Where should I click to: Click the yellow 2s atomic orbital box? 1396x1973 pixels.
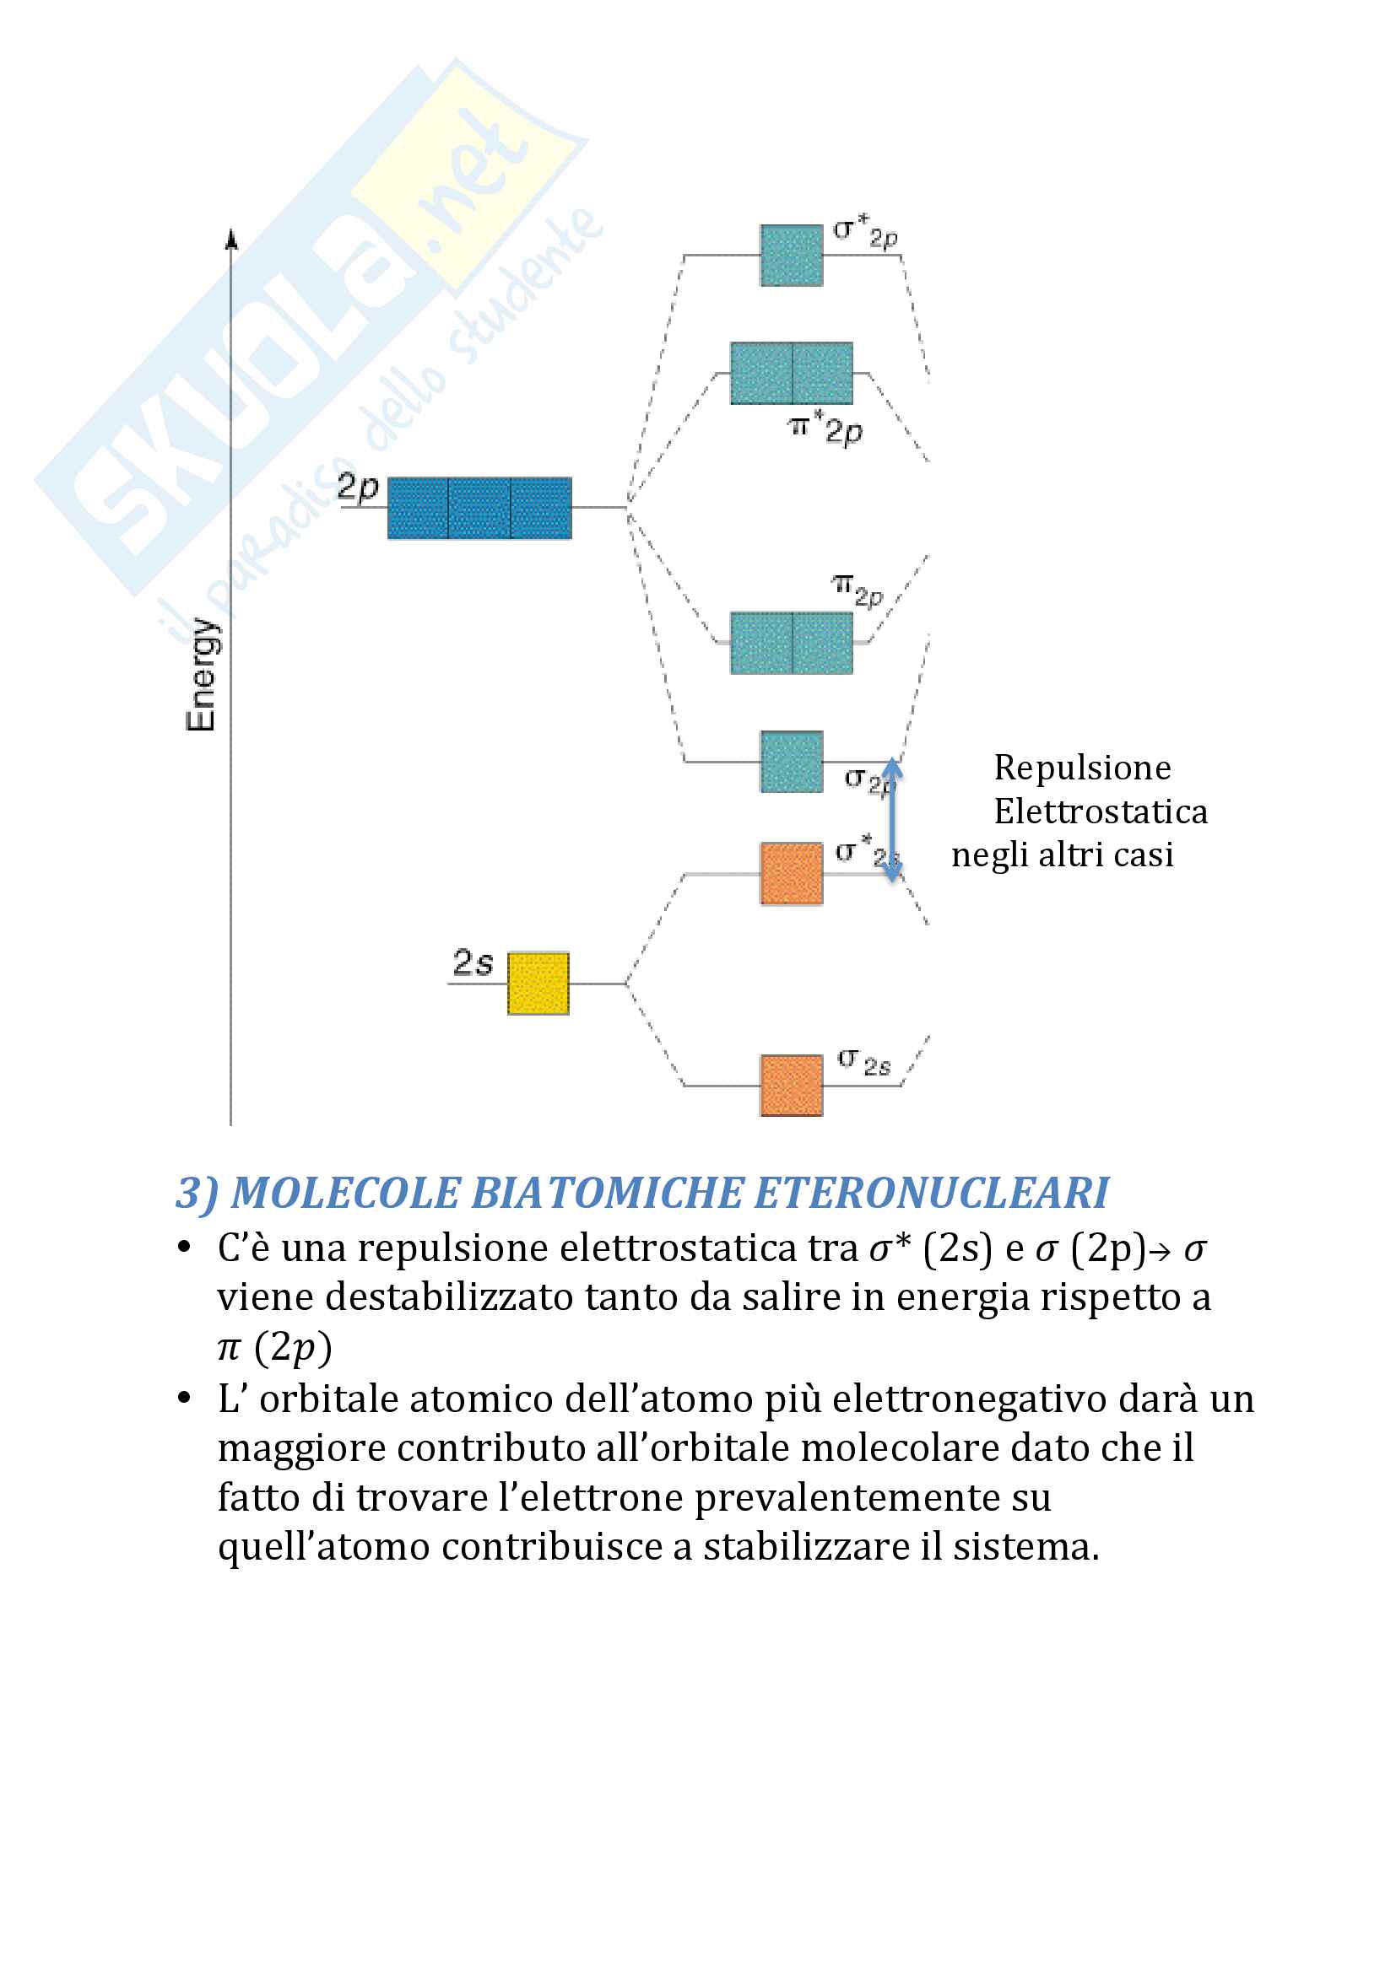(x=538, y=983)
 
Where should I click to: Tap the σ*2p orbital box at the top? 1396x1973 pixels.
(x=791, y=256)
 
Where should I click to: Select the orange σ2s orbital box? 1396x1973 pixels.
(x=791, y=1086)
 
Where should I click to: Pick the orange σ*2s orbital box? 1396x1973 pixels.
(x=791, y=873)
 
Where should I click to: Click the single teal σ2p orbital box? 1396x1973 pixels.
(x=791, y=762)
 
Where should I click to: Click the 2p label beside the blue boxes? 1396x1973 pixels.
(x=358, y=488)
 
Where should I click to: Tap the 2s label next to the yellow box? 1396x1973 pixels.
(x=473, y=962)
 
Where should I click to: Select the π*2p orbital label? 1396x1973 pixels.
(x=825, y=428)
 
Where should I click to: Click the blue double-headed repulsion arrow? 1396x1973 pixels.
(x=892, y=820)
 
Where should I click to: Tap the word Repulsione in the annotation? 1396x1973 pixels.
(x=1082, y=768)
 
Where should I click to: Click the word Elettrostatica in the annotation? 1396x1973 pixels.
(x=1101, y=811)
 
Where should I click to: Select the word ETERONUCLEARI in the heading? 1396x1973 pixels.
(x=931, y=1193)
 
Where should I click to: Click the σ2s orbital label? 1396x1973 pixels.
(x=864, y=1062)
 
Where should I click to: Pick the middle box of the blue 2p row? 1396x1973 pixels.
(x=479, y=508)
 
